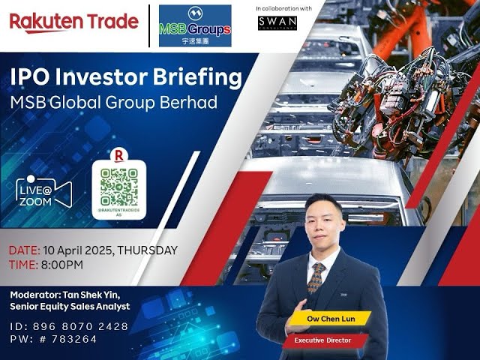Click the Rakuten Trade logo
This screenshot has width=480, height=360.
point(73,22)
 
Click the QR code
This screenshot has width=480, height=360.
point(119,186)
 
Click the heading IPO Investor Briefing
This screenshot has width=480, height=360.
point(125,78)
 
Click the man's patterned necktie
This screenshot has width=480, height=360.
point(316,278)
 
